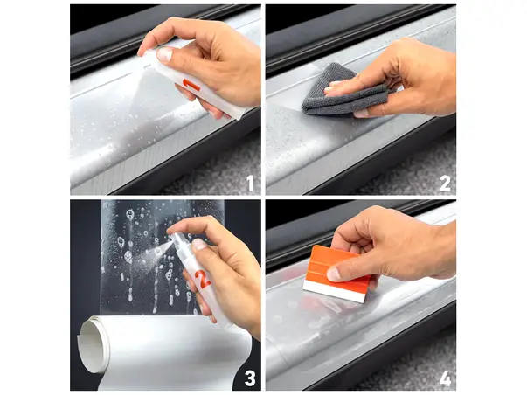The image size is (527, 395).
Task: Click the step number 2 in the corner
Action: pos(444,183)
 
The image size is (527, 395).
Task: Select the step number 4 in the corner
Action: pos(444,378)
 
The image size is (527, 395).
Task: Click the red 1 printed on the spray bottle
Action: pos(192,86)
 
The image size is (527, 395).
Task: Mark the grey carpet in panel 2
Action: pos(411,166)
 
